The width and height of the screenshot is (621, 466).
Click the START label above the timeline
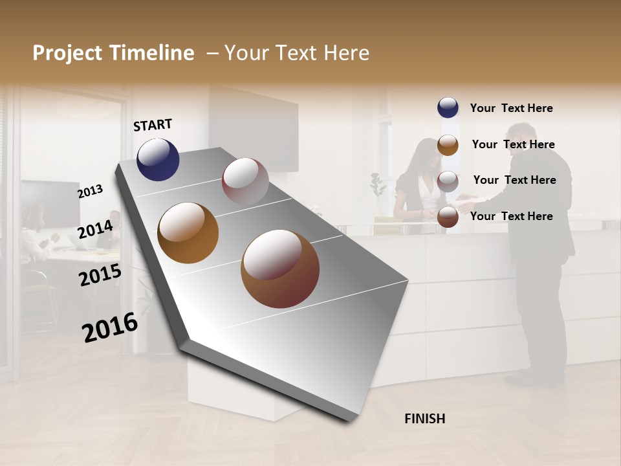coord(153,125)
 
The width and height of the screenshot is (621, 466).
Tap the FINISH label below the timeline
coord(424,419)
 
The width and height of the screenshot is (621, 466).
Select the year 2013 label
coord(91,192)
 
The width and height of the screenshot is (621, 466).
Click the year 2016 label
coord(110,327)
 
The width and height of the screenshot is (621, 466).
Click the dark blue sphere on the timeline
coord(158,159)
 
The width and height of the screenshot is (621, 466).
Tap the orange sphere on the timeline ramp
coord(188,233)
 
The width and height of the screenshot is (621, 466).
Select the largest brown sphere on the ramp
coord(280,269)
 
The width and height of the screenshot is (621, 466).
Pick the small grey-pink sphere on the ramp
coord(245,181)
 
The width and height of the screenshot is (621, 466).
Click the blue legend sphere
coord(448,107)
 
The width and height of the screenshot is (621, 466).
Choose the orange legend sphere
coord(448,145)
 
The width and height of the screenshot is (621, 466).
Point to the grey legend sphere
coord(448,181)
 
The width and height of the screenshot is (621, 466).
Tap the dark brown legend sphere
coord(448,217)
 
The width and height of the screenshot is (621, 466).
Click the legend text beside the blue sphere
coord(511,108)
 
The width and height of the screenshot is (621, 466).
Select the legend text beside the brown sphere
coord(511,216)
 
